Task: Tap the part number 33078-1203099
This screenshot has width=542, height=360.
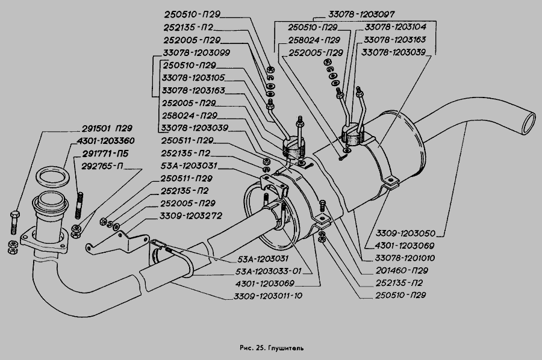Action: coord(188,52)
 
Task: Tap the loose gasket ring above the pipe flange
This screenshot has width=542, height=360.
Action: coord(52,176)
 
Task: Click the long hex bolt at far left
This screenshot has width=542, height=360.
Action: coord(14,221)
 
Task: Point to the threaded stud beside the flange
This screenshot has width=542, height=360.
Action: coord(79,205)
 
